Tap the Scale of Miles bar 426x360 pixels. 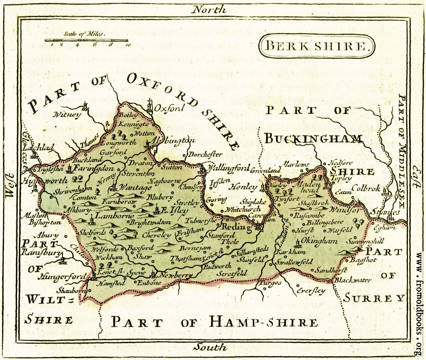click(x=87, y=40)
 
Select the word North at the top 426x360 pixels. click(x=209, y=9)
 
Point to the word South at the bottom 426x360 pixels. click(x=209, y=347)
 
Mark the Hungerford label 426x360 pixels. click(x=62, y=277)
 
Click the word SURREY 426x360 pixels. click(x=373, y=298)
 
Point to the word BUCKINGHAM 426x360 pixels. click(x=313, y=139)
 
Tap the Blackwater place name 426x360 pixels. click(x=353, y=280)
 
